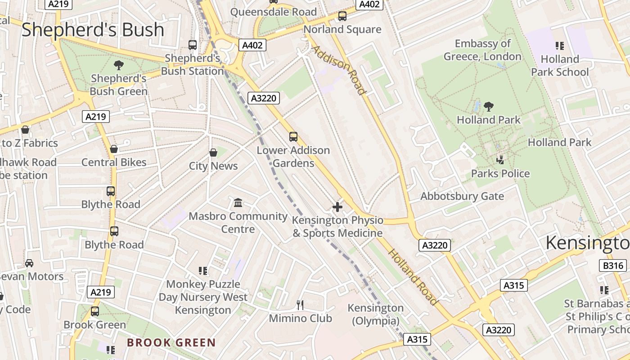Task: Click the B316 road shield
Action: click(x=613, y=265)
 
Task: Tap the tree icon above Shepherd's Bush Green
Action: click(x=119, y=65)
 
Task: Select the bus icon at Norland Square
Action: click(x=342, y=16)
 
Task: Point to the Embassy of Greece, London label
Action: click(x=482, y=50)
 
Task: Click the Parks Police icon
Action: click(x=500, y=159)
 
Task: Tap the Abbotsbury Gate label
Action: click(x=462, y=196)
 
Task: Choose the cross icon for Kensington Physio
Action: click(x=337, y=207)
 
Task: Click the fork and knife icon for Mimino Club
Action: click(x=300, y=305)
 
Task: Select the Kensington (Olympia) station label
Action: click(x=375, y=314)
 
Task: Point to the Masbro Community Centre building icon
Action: click(x=238, y=203)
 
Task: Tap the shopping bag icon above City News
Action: click(x=213, y=153)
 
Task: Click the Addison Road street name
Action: click(x=338, y=70)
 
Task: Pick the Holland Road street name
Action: click(x=413, y=276)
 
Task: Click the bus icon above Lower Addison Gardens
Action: click(x=293, y=136)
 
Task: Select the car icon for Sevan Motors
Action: click(x=29, y=263)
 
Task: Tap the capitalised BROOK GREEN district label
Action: click(x=171, y=342)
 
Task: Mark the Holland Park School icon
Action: click(x=560, y=45)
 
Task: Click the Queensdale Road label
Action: click(x=273, y=12)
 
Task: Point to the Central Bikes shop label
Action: click(x=114, y=162)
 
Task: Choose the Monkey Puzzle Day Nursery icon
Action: click(x=203, y=270)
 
